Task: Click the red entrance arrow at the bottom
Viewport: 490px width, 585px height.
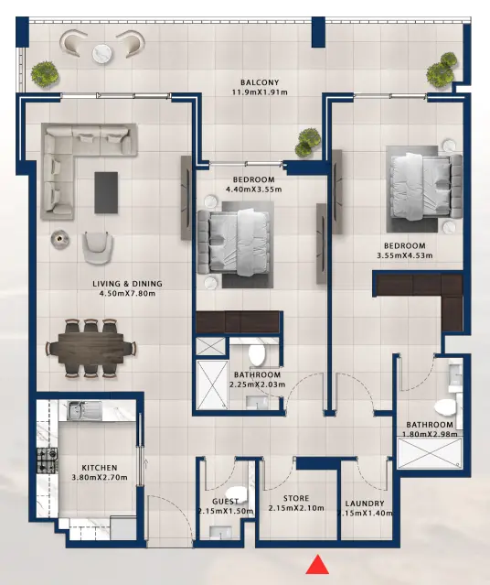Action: pyautogui.click(x=317, y=565)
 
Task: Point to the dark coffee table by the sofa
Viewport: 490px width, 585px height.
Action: pyautogui.click(x=107, y=191)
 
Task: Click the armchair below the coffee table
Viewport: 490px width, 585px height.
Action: pyautogui.click(x=99, y=246)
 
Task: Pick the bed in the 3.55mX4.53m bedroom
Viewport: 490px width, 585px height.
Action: pyautogui.click(x=421, y=183)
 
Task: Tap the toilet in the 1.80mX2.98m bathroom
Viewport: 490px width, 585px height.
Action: pyautogui.click(x=445, y=406)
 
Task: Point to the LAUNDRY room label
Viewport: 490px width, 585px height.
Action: pyautogui.click(x=365, y=504)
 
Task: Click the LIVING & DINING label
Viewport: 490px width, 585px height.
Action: pyautogui.click(x=127, y=283)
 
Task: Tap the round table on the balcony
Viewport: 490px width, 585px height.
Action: pyautogui.click(x=102, y=47)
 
